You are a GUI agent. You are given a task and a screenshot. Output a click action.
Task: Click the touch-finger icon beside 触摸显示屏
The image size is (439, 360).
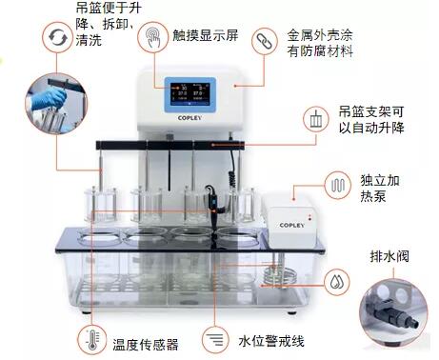coord(152,37)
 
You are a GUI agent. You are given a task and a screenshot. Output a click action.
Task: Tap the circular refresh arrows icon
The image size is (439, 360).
coord(57,37)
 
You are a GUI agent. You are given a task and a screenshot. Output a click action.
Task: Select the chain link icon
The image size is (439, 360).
coord(265,41)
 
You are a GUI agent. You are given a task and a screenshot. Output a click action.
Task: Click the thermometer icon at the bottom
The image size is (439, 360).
coord(92,340)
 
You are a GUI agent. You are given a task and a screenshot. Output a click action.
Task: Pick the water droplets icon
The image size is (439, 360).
coord(336,282)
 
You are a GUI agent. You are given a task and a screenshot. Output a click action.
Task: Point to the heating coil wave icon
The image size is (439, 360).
coord(338,185)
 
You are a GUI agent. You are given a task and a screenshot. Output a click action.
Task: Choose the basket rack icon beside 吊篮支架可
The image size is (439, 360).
coord(316,119)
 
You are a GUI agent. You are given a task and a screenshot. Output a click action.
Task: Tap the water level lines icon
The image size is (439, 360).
coord(215,340)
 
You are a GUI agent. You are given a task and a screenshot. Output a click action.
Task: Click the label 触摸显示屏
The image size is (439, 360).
coord(206,35)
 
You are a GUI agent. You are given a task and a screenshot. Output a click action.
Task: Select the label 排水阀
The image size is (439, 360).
coord(389,256)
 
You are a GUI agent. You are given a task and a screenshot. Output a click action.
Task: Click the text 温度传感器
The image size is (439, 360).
coord(146,345)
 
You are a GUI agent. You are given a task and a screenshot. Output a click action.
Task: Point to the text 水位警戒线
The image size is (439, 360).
coord(271,341)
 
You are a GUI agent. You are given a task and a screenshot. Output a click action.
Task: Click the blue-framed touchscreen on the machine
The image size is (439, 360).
coord(190,94)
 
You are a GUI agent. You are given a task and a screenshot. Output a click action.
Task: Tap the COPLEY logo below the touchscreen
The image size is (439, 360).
coord(190,118)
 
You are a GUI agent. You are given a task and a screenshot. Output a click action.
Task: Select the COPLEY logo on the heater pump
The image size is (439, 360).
coord(291,225)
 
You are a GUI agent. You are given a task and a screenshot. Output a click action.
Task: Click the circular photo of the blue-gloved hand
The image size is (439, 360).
coord(56,104)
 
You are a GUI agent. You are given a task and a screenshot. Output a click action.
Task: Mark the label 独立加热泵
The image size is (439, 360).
coord(380,189)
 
